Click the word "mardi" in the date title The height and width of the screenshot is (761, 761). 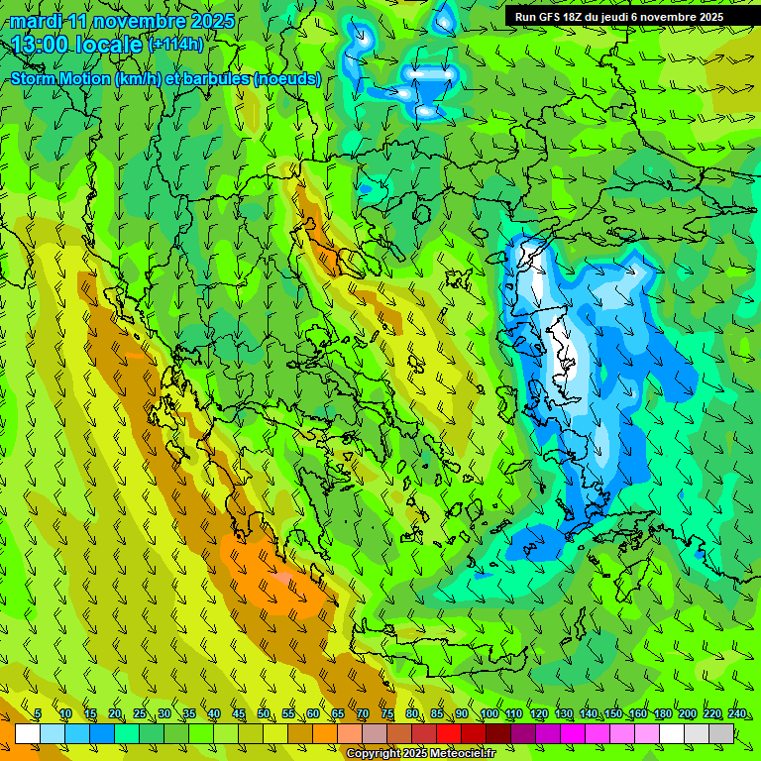(x=35, y=21)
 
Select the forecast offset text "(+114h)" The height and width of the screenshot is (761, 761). (x=176, y=45)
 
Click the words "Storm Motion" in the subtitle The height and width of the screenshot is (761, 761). (x=60, y=79)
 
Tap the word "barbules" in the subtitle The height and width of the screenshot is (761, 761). (x=217, y=79)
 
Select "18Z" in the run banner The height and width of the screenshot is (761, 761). (x=579, y=17)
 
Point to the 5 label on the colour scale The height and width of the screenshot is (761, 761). (x=38, y=714)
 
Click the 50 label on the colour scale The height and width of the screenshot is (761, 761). (x=264, y=714)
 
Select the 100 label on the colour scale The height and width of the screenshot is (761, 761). (x=489, y=714)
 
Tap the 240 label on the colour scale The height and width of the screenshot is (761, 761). (x=737, y=714)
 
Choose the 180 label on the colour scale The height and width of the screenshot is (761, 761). (x=663, y=714)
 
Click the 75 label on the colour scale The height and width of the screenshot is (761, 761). (x=387, y=714)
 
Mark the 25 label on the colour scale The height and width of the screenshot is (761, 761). (x=140, y=714)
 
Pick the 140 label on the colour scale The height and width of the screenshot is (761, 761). (x=589, y=714)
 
